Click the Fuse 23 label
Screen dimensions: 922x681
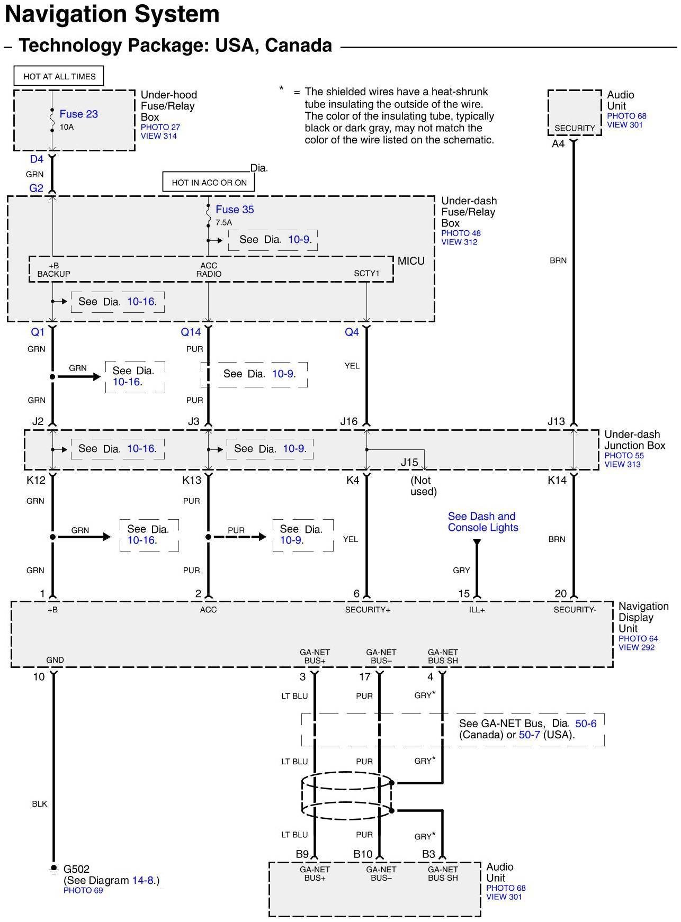(x=78, y=114)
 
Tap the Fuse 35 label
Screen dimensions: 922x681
(x=235, y=210)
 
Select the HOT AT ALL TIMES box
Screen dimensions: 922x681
(x=59, y=76)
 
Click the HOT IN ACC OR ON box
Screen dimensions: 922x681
(x=209, y=183)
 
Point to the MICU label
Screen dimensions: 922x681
(x=411, y=261)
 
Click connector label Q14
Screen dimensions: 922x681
(x=191, y=332)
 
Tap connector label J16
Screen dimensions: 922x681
(x=349, y=421)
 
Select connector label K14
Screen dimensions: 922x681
(x=557, y=480)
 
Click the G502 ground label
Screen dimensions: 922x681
(x=76, y=869)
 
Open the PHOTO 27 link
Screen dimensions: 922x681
(x=160, y=127)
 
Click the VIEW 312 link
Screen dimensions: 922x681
(x=459, y=242)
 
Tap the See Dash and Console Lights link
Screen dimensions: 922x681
(x=482, y=522)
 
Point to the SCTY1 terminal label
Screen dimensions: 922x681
(x=366, y=274)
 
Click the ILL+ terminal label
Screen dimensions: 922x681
(x=477, y=610)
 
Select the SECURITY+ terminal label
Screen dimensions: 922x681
(x=368, y=610)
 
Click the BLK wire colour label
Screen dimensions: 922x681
(x=40, y=804)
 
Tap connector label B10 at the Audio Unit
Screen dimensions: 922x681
(x=363, y=854)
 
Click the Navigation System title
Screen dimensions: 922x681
(x=112, y=14)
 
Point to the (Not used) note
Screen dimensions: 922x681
(x=423, y=486)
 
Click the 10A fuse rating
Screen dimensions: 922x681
(x=67, y=127)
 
